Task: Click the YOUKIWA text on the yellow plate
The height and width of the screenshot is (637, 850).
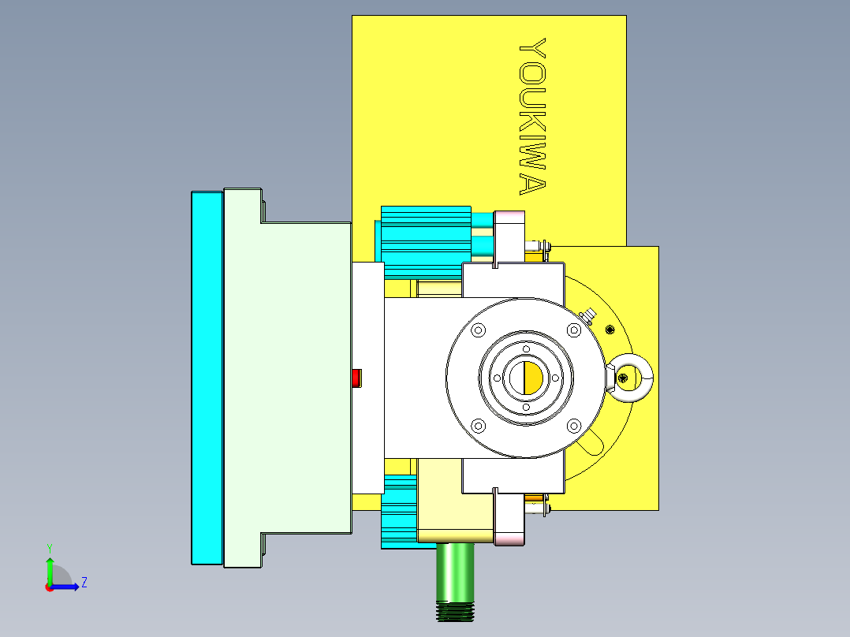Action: point(533,117)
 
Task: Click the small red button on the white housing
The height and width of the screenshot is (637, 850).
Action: point(356,378)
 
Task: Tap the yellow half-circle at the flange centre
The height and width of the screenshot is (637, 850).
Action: point(533,378)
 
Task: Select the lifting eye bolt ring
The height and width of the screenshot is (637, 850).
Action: point(631,378)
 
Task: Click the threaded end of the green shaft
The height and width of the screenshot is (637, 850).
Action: point(455,609)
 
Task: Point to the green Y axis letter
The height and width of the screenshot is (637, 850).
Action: point(49,547)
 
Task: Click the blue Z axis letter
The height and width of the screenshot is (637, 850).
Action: point(84,583)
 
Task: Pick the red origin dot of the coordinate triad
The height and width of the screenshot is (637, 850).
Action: point(49,587)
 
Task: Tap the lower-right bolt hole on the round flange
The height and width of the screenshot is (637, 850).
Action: point(573,427)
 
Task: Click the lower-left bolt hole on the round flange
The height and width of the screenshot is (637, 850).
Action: point(477,427)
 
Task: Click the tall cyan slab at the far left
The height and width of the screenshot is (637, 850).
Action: point(207,378)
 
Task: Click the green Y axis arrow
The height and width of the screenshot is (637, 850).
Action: point(49,568)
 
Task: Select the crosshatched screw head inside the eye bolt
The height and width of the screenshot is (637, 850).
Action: point(624,379)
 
